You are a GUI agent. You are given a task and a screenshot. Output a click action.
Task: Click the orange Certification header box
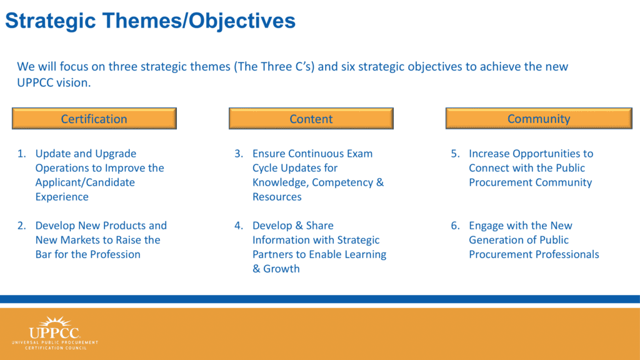click(x=94, y=118)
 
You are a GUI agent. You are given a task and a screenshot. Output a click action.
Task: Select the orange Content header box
click(x=311, y=118)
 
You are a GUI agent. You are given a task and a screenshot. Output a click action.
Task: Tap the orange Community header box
click(x=539, y=118)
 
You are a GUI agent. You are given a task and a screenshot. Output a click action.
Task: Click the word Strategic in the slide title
click(x=51, y=21)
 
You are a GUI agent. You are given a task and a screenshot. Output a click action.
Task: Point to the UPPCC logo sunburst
click(x=56, y=321)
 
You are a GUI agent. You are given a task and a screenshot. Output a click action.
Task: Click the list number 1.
click(x=21, y=154)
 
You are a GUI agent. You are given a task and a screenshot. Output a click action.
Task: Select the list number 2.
click(x=21, y=226)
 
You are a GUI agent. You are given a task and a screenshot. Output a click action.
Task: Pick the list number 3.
click(x=238, y=154)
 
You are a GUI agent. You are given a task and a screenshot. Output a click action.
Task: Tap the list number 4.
click(x=238, y=226)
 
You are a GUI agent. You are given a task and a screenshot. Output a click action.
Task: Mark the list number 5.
click(x=455, y=154)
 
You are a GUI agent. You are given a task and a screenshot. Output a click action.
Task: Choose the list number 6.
click(x=455, y=226)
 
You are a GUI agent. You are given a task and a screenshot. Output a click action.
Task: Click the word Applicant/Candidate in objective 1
click(x=85, y=182)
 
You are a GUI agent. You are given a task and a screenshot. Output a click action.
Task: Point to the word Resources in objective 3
click(x=277, y=197)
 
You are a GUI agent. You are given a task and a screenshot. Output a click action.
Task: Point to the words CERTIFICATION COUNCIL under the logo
click(x=56, y=348)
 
